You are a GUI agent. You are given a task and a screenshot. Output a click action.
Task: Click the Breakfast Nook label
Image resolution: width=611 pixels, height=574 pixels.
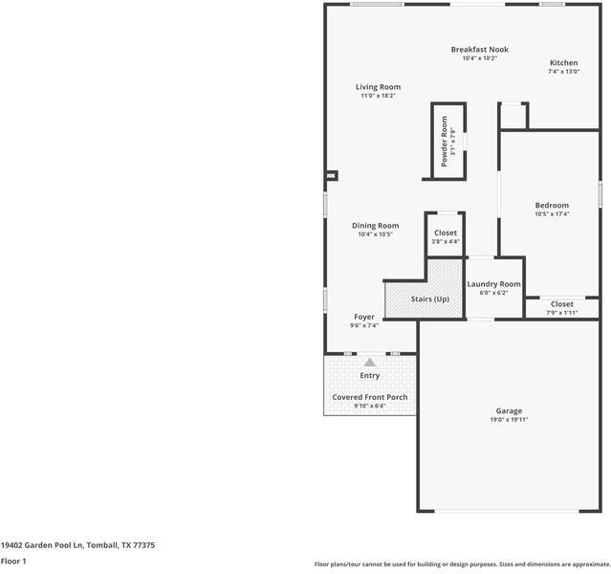(x=479, y=49)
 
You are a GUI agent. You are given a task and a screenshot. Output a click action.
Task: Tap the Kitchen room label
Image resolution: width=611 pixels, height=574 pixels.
(x=563, y=63)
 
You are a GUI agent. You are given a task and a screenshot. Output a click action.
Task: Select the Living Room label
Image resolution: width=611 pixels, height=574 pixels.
(x=378, y=87)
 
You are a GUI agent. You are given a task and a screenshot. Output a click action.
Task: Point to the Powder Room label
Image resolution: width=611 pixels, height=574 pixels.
(x=444, y=142)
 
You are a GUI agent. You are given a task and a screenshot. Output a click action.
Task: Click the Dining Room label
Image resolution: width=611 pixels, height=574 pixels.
(x=375, y=226)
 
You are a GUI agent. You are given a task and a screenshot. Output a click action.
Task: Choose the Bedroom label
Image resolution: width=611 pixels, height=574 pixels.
(x=552, y=206)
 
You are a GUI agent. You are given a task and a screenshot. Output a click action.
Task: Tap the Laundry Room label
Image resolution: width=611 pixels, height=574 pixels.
(x=493, y=284)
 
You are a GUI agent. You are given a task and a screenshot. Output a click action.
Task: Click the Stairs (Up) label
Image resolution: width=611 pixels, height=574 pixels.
(x=429, y=299)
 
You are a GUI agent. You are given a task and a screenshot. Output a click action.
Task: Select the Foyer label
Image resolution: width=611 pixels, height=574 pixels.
(x=364, y=317)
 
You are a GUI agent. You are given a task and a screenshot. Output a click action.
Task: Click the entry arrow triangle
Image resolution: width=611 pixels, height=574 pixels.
(x=369, y=363)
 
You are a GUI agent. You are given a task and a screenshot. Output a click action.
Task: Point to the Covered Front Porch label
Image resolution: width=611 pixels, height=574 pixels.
(x=369, y=397)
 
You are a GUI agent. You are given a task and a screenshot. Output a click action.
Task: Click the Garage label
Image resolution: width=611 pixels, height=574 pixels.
(x=509, y=410)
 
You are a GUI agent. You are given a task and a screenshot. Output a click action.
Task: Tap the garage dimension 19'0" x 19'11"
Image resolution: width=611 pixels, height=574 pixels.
(x=509, y=420)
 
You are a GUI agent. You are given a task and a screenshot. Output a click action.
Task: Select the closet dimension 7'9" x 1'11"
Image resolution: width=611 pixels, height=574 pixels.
(x=562, y=313)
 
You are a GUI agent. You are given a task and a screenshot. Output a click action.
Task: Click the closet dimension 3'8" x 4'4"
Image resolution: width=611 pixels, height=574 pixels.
(x=446, y=242)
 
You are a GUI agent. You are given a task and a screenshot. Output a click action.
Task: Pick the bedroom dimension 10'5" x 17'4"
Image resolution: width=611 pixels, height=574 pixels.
(x=552, y=214)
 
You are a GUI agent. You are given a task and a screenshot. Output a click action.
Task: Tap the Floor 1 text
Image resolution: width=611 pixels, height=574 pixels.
(x=13, y=561)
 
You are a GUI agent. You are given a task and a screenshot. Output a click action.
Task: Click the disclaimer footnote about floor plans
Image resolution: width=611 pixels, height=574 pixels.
(x=462, y=564)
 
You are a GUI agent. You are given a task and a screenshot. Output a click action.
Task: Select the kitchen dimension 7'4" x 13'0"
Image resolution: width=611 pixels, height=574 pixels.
(x=563, y=72)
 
